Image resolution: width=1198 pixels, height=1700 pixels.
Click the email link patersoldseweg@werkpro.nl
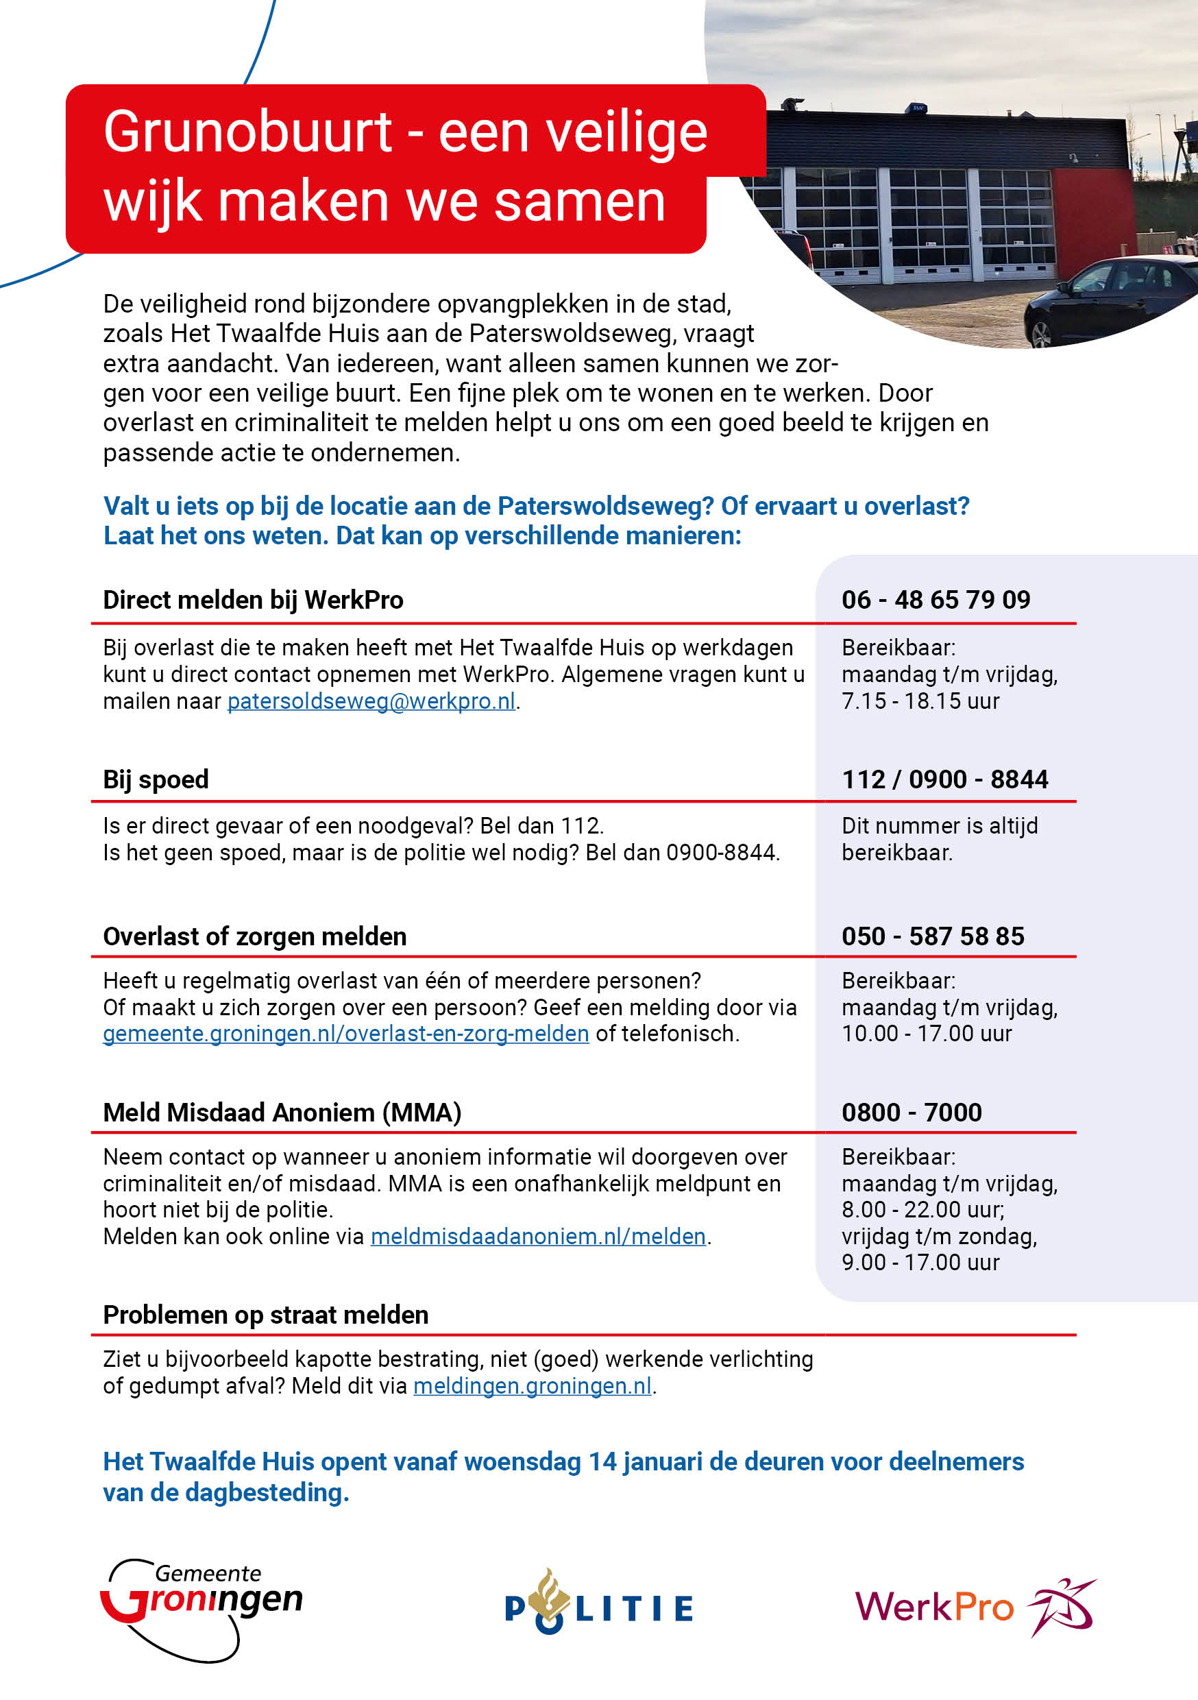(371, 701)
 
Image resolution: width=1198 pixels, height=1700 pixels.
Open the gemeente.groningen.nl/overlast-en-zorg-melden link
(346, 1034)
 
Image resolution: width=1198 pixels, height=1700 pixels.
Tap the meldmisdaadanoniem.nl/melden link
(537, 1237)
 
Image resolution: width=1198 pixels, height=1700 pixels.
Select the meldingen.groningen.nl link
(533, 1386)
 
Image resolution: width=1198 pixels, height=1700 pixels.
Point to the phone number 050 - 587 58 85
(932, 936)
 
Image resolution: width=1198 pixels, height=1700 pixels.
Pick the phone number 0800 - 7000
(911, 1113)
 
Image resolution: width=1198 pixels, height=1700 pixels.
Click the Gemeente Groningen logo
(201, 1609)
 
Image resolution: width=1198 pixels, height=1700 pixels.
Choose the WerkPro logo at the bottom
(974, 1607)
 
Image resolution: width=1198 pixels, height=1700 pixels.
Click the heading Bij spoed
(156, 779)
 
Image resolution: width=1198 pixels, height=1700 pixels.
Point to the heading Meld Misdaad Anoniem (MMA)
(282, 1113)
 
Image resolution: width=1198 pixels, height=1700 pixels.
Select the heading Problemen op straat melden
(265, 1315)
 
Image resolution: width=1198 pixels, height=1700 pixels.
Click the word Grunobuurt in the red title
(247, 132)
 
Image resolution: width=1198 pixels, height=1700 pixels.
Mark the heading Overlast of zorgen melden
(254, 936)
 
